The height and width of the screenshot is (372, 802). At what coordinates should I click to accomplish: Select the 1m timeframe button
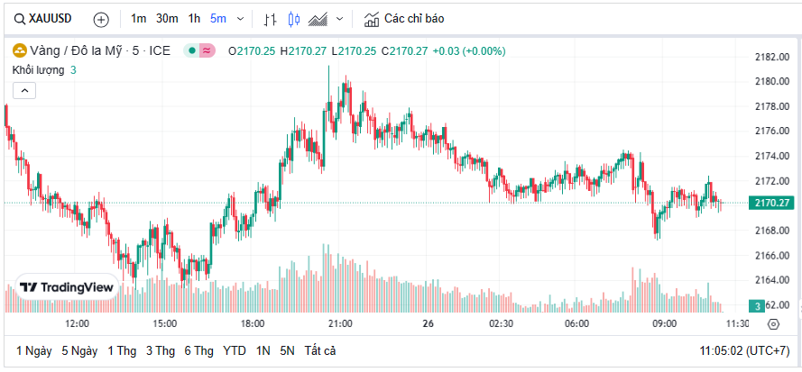click(138, 19)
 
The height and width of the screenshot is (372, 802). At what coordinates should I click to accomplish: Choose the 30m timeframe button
click(166, 19)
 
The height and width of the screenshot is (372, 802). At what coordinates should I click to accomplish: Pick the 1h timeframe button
click(194, 19)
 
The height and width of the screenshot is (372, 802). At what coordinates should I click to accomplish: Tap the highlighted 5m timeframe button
click(218, 19)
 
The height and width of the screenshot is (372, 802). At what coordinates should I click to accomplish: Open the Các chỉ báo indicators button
click(403, 19)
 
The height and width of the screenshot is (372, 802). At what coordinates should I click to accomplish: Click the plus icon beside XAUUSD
click(101, 19)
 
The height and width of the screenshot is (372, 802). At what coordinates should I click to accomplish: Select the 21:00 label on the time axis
click(340, 323)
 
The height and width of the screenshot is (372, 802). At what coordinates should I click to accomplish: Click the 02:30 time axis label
click(501, 323)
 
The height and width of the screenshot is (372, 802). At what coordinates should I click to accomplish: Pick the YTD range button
click(235, 350)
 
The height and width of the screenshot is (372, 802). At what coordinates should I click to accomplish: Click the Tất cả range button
click(320, 350)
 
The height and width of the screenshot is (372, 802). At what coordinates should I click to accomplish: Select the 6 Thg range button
click(199, 350)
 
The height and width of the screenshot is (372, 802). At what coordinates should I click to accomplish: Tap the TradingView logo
click(68, 287)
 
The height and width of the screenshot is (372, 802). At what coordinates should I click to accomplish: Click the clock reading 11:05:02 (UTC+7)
click(745, 350)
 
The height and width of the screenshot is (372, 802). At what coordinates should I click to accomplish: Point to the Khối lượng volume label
click(38, 69)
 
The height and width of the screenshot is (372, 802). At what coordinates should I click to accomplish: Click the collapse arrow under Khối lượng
click(24, 90)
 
